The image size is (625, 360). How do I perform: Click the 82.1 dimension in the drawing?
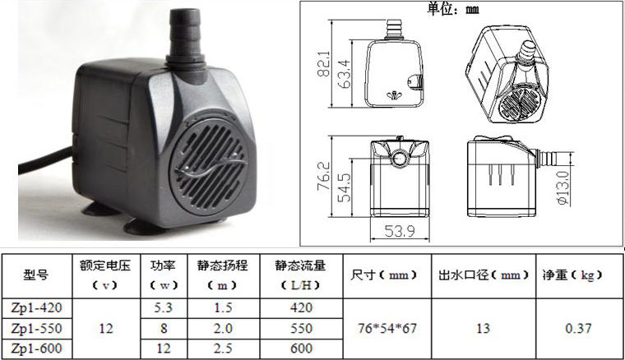coord(323,63)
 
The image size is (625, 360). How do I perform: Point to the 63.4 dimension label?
coord(344,74)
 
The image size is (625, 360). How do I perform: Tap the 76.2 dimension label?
coord(323,176)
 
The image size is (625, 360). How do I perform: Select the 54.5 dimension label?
coord(344,187)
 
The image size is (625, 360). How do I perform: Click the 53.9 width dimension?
coord(400,231)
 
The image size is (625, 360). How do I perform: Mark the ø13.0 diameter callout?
coord(562,188)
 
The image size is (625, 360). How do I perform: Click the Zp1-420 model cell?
coord(37,308)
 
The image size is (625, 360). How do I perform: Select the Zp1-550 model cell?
coord(37,329)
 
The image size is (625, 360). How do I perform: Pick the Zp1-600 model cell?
coord(37,348)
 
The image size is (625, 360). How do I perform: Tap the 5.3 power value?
coord(164,308)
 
